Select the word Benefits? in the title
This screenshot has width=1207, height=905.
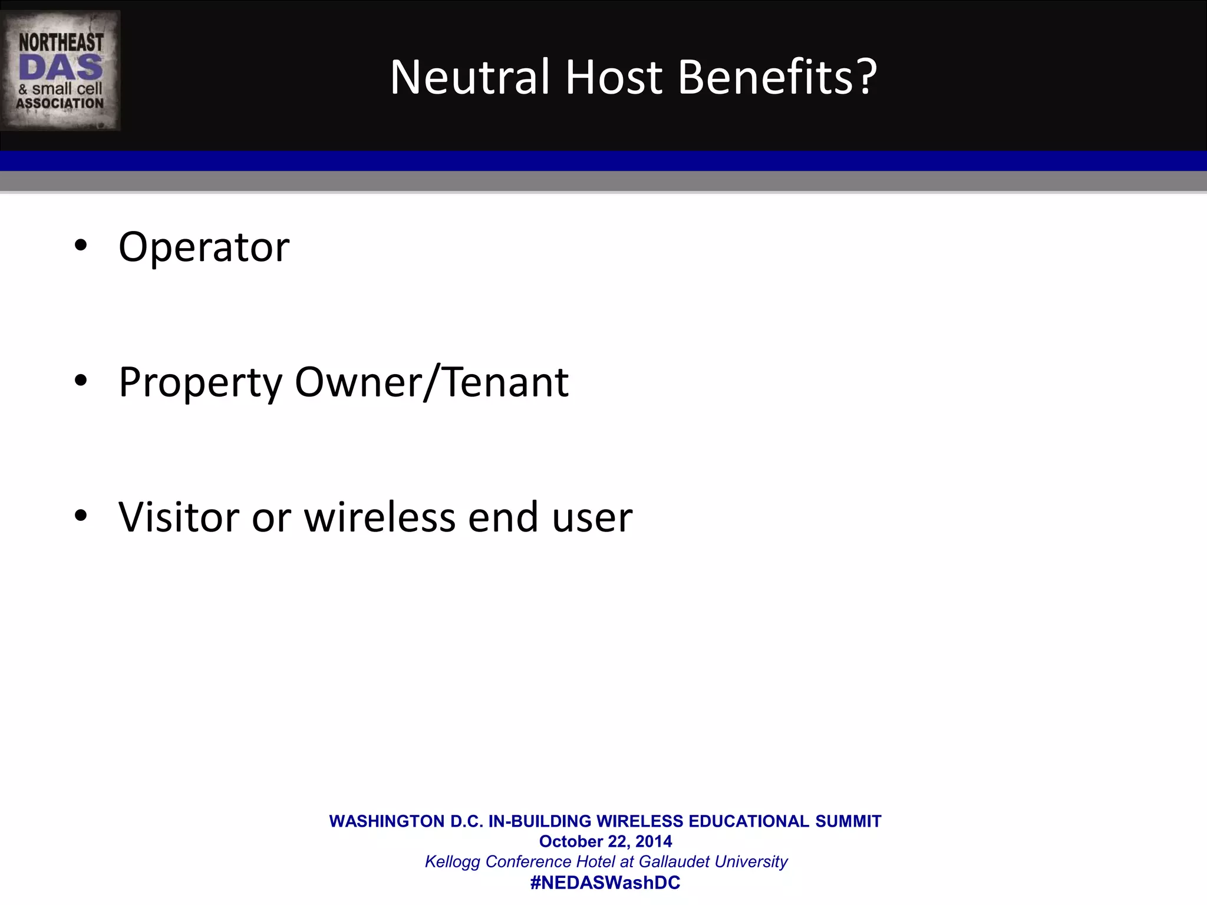pos(777,77)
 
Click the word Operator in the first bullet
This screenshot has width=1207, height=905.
pos(204,247)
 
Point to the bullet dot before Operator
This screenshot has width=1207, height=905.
pos(81,245)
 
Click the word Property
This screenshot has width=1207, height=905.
pos(200,384)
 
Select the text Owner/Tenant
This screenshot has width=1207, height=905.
pos(431,382)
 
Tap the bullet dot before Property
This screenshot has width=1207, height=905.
pos(81,381)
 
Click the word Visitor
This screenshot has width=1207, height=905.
pos(179,517)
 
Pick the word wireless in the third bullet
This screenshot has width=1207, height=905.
pos(379,517)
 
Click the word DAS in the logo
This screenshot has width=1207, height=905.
pos(61,68)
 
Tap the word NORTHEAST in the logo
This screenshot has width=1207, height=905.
pos(61,42)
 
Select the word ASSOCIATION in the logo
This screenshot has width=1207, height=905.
pos(60,104)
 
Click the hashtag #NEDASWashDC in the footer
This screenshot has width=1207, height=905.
pos(605,883)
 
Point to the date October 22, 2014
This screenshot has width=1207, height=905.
pos(605,841)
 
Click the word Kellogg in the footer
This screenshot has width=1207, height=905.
pos(452,862)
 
